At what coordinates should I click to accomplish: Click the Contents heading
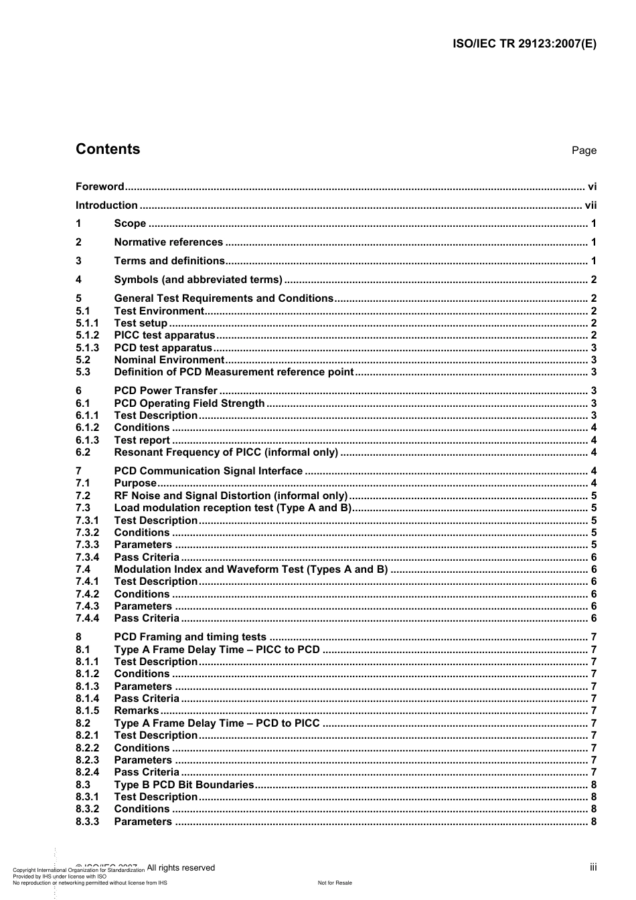click(108, 149)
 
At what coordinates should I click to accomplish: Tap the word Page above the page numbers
click(584, 151)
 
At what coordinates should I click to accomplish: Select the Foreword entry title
click(100, 187)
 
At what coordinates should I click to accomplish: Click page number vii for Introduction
click(590, 205)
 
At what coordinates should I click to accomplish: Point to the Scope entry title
click(130, 223)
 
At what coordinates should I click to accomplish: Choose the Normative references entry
click(168, 242)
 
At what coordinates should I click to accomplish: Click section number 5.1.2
click(87, 335)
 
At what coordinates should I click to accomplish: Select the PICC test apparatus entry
click(165, 335)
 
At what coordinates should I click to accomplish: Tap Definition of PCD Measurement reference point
click(234, 372)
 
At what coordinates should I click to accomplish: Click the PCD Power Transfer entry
click(165, 391)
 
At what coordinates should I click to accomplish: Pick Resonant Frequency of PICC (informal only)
click(226, 452)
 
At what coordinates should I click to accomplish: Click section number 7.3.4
click(87, 557)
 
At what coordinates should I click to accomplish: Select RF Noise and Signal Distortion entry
click(231, 496)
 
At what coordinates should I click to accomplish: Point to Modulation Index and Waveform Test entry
click(251, 569)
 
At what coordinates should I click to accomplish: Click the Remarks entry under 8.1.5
click(137, 711)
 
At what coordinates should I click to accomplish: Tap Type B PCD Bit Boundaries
click(184, 785)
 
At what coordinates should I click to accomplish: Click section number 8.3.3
click(87, 822)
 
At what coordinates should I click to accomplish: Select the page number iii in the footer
click(593, 867)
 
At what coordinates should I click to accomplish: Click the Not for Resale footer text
click(335, 883)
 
